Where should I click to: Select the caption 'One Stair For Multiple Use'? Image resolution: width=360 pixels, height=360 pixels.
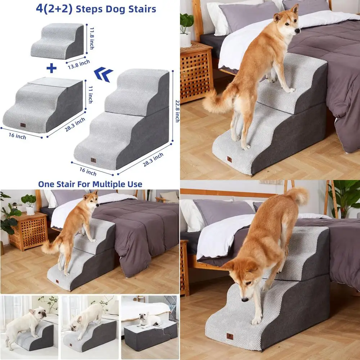tap(90, 184)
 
